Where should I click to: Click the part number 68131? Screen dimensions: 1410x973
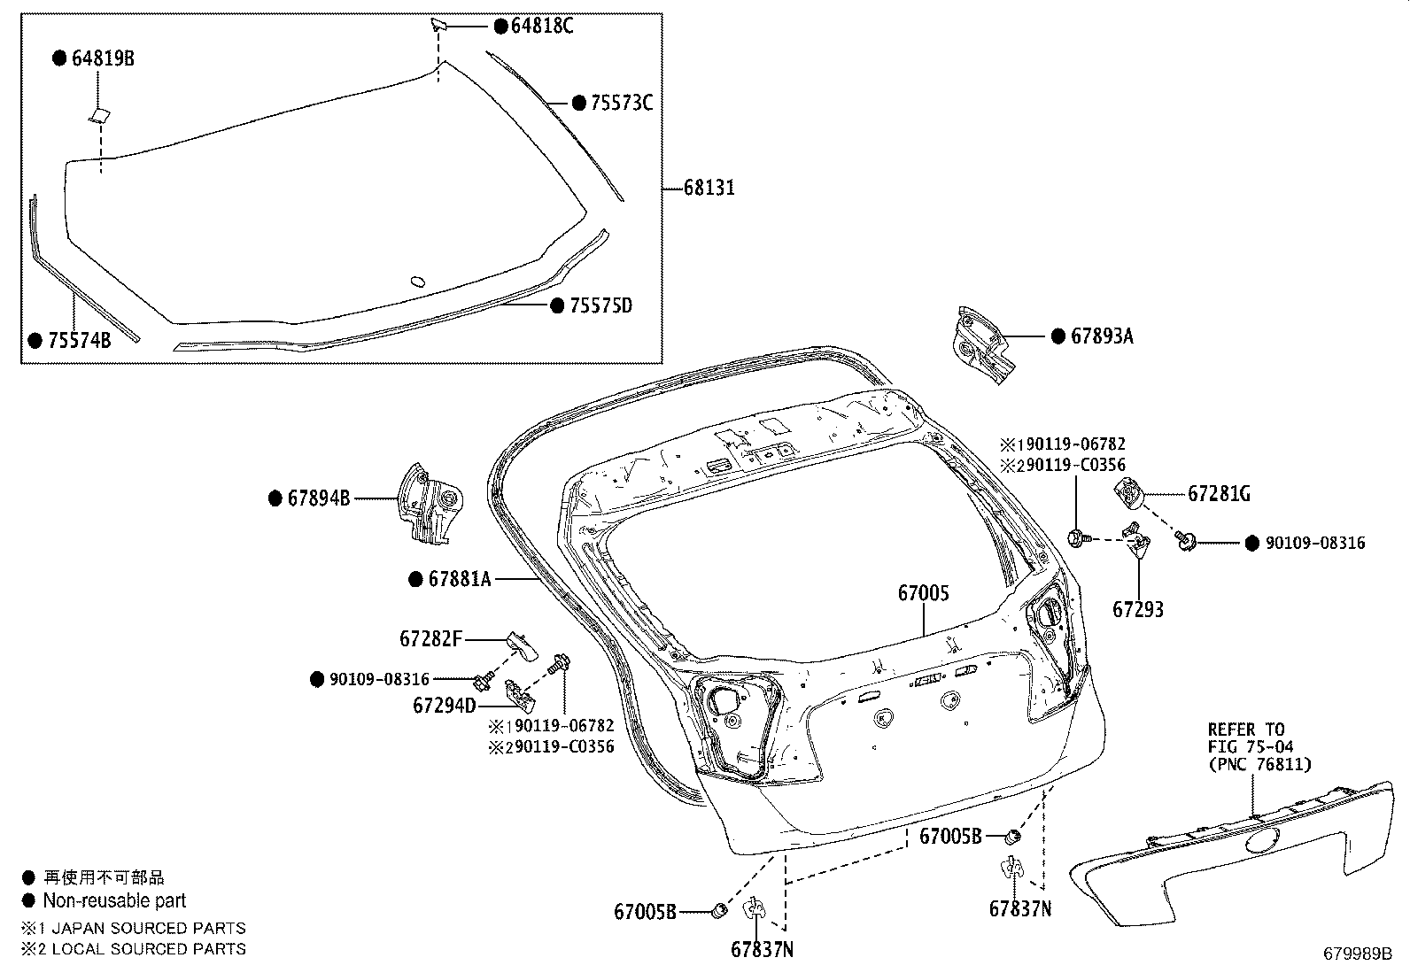[709, 188]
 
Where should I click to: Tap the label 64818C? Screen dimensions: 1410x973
[542, 26]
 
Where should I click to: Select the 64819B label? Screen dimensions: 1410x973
[103, 58]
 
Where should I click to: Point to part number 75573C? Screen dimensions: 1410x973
[621, 103]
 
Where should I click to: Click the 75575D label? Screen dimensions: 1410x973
[600, 305]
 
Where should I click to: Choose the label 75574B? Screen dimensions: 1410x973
[80, 341]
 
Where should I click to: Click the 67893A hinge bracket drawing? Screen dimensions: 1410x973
[981, 345]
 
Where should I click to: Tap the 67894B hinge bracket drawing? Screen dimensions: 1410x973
[430, 504]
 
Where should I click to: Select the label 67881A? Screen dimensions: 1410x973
[460, 579]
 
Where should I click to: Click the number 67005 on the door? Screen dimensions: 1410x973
[924, 593]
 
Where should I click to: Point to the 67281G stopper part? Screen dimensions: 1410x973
[1128, 493]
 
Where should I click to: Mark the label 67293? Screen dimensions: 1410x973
[1138, 609]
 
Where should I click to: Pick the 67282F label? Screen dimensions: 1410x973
[430, 639]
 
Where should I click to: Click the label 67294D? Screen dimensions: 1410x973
[445, 706]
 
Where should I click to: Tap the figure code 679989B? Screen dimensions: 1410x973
[1358, 954]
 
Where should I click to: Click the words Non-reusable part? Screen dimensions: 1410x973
[114, 900]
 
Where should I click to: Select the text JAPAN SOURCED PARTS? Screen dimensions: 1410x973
[149, 929]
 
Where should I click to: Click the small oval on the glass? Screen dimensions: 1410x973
[418, 282]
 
